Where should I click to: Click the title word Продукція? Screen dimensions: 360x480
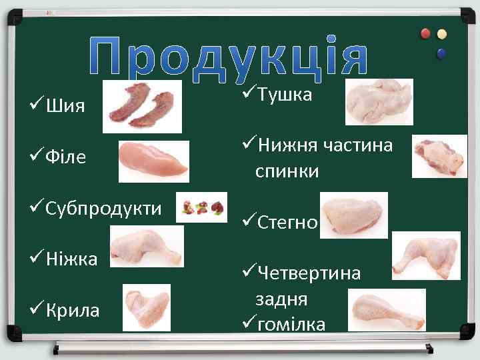pos(229,55)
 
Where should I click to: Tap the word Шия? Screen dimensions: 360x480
pos(65,107)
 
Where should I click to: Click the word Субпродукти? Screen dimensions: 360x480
pos(104,208)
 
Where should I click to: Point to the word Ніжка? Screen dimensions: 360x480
pos(72,258)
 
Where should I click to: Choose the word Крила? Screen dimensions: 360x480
pos(73,310)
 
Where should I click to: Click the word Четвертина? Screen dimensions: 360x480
pos(309,273)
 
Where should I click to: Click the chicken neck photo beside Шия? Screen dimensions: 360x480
pos(142,107)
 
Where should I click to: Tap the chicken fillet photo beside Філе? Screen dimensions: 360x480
pos(153,161)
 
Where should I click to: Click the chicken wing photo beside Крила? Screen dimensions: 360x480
pos(147,307)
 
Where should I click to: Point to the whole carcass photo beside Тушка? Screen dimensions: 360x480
pos(379,101)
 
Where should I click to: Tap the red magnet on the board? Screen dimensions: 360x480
pos(426,34)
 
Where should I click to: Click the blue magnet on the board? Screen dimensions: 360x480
pos(441,52)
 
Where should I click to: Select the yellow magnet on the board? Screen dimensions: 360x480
pos(441,34)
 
